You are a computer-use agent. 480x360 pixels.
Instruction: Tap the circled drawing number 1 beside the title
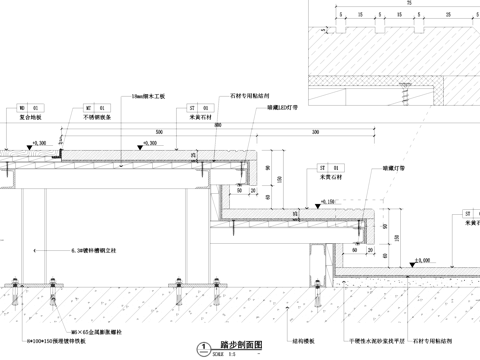pos(205,346)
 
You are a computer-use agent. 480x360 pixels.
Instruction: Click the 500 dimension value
pos(157,131)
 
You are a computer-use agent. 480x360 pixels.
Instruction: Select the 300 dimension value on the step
pos(316,131)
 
